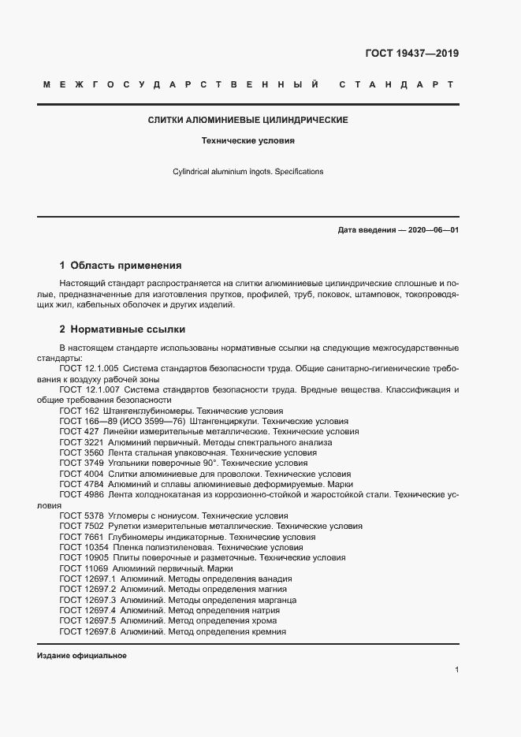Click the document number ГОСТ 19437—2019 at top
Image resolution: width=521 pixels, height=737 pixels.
(x=411, y=54)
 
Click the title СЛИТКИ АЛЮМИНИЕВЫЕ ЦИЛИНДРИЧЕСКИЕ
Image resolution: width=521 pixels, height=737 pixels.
(x=248, y=121)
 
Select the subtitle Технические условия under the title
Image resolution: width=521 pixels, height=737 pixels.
(x=248, y=142)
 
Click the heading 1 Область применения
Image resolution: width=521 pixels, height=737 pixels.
(x=121, y=266)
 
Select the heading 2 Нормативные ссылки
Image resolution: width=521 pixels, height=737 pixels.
(x=122, y=329)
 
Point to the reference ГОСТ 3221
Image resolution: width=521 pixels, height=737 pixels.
(x=79, y=443)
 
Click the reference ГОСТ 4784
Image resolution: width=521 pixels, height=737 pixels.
(x=79, y=485)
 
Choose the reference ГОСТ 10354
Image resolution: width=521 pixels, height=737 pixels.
(x=82, y=547)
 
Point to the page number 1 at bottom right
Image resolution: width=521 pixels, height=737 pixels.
(x=456, y=669)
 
